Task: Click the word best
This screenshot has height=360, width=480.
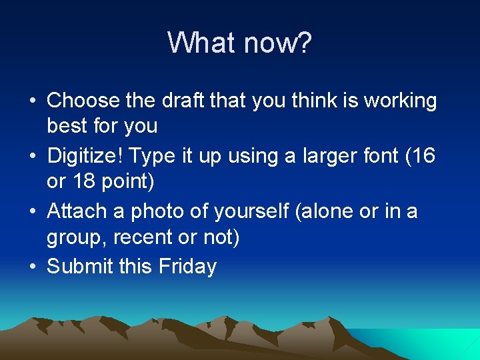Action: click(x=67, y=125)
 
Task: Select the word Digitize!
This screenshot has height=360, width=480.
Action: click(x=86, y=156)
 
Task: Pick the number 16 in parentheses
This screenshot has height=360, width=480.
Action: click(x=423, y=156)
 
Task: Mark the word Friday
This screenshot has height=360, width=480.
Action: click(x=187, y=267)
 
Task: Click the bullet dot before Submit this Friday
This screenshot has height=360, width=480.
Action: click(x=33, y=267)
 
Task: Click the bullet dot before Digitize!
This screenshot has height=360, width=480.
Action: click(x=33, y=156)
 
